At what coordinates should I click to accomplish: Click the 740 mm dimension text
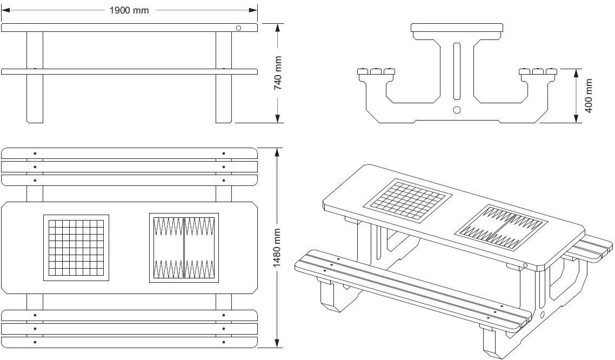tap(278, 73)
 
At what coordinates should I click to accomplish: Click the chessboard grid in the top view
tap(76, 248)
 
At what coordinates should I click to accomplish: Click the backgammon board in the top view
tap(184, 248)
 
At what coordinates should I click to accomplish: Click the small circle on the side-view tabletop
tap(238, 28)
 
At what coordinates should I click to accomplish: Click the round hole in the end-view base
tap(457, 110)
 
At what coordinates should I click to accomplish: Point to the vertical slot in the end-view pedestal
tap(457, 70)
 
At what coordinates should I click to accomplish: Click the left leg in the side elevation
tap(35, 77)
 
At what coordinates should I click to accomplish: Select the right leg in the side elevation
tap(224, 77)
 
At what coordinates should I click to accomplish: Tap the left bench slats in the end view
tap(376, 71)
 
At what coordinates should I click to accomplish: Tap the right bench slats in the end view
tap(538, 71)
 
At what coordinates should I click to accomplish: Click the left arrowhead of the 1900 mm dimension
tap(5, 10)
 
